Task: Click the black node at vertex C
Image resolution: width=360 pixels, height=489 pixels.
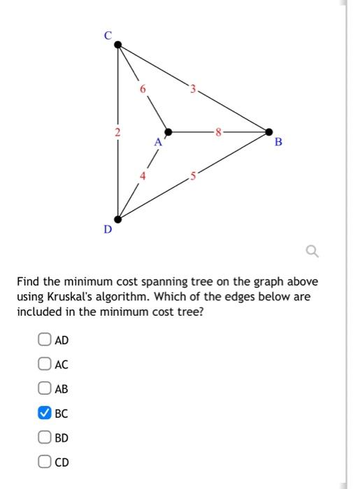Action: (x=118, y=45)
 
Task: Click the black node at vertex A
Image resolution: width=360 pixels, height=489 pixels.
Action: (x=168, y=131)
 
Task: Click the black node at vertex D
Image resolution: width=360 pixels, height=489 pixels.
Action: (x=118, y=219)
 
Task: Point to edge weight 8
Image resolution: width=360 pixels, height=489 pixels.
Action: (x=219, y=131)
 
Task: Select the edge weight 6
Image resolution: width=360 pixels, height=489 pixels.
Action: (x=143, y=89)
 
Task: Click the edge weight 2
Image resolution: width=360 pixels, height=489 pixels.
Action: (x=118, y=131)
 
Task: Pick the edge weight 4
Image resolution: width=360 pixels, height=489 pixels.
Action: (x=143, y=176)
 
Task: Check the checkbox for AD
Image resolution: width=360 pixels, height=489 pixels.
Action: (x=44, y=340)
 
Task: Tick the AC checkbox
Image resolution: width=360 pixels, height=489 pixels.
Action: (x=44, y=365)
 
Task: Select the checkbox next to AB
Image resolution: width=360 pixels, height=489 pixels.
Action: (x=44, y=389)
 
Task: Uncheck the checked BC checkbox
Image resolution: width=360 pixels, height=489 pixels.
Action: (x=44, y=414)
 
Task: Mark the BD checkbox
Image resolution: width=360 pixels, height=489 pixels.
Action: (x=44, y=438)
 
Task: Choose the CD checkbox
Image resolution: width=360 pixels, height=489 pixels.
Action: (x=44, y=462)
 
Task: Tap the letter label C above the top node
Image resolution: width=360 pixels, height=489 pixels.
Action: (x=108, y=36)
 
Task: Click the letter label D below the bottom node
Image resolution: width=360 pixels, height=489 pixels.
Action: (x=108, y=228)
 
